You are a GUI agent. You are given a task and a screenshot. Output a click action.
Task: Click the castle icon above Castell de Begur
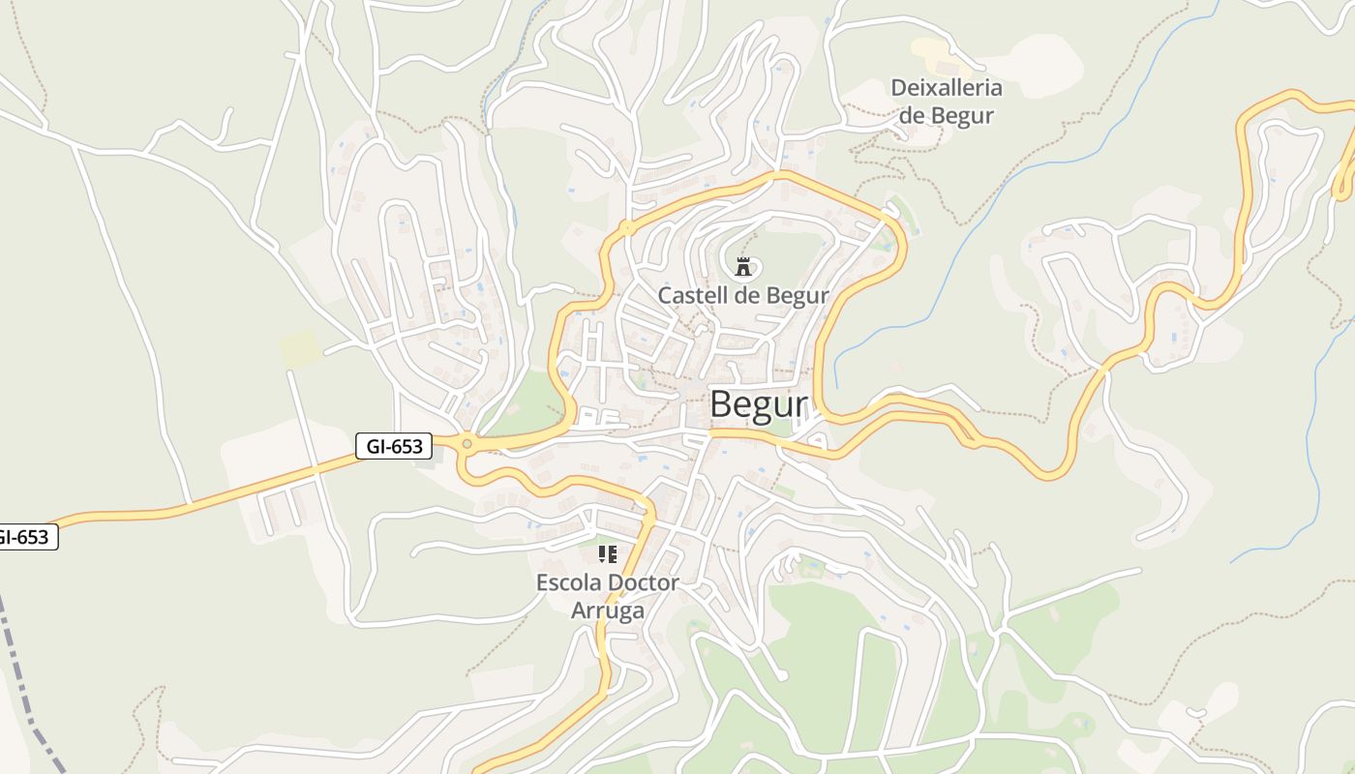[x=743, y=266]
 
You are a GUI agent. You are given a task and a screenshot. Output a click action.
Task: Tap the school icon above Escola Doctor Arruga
[x=607, y=554]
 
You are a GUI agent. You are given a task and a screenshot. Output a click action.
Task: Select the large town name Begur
[x=758, y=404]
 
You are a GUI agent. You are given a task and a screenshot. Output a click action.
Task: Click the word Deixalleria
[x=947, y=88]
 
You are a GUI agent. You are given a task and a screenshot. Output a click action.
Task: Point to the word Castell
[x=690, y=295]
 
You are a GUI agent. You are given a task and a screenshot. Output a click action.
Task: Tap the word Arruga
[x=608, y=610]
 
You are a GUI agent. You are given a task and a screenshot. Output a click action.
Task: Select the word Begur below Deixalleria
[x=962, y=115]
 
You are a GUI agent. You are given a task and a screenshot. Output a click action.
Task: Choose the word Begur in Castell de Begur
[x=798, y=295]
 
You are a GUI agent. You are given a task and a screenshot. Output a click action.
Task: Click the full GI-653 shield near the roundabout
[x=394, y=446]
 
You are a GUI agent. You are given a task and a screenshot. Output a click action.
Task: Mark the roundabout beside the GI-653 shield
[x=467, y=444]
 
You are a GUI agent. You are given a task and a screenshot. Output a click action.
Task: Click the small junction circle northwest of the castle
[x=627, y=229]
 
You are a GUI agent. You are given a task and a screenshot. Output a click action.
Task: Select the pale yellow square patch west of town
[x=299, y=348]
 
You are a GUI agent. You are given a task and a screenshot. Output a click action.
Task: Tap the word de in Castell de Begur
[x=745, y=295]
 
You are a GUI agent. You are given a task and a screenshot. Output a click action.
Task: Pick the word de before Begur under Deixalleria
[x=913, y=115]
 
